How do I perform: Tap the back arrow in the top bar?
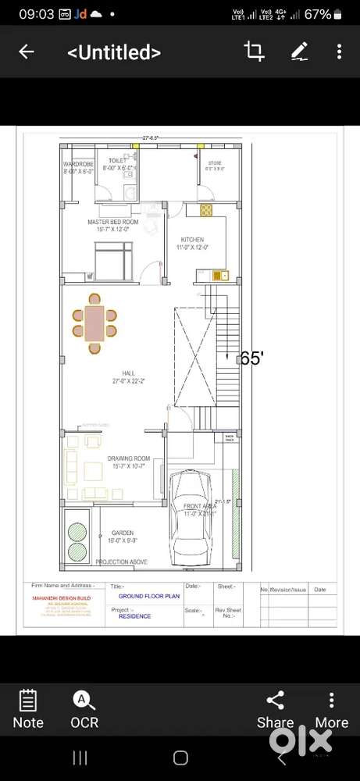(x=27, y=52)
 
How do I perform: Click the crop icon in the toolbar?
(x=254, y=52)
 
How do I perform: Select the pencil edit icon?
(x=299, y=52)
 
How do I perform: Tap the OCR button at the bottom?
(x=84, y=709)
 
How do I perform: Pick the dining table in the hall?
(x=94, y=323)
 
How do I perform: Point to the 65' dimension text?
(x=251, y=358)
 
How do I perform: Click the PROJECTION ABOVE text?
(x=121, y=562)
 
